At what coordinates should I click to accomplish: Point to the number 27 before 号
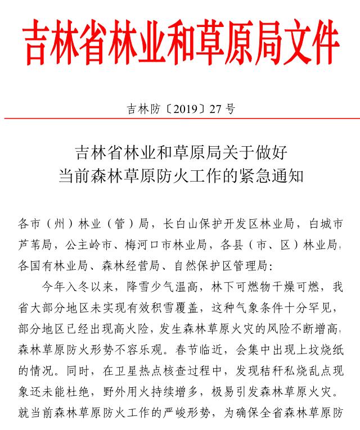(214, 109)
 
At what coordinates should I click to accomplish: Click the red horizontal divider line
(180, 119)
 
